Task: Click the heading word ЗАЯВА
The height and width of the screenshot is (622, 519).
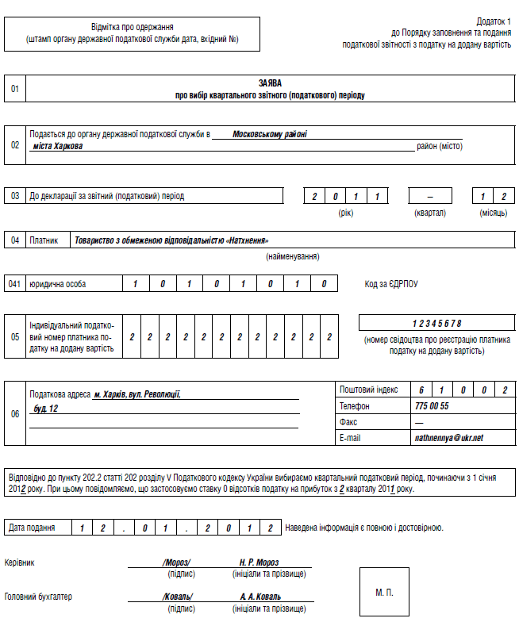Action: click(270, 83)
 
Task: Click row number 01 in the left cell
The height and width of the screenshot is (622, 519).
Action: click(15, 89)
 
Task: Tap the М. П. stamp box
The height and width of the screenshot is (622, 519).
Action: click(384, 592)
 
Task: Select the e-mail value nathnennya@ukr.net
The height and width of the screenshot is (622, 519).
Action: click(448, 437)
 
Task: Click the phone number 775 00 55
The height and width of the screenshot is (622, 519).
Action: click(432, 406)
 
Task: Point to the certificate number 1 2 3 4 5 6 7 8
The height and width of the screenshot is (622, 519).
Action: click(436, 323)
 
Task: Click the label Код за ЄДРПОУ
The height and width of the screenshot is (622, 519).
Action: click(390, 284)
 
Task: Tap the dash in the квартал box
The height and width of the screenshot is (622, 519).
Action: click(430, 196)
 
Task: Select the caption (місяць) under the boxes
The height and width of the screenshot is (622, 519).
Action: click(493, 213)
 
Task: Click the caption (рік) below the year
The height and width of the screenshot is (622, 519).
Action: click(346, 213)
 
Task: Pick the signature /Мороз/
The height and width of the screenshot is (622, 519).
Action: click(176, 562)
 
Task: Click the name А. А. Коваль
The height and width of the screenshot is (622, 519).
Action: click(260, 597)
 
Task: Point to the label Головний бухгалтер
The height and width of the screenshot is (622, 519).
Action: click(38, 597)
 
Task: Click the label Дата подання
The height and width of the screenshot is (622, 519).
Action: click(32, 528)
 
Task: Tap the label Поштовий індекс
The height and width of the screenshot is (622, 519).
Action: click(368, 390)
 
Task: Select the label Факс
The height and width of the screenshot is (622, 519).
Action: click(348, 422)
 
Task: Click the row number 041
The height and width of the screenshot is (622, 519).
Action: click(15, 284)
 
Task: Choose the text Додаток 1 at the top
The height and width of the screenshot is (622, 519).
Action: click(494, 21)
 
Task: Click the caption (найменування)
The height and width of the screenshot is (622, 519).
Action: click(292, 257)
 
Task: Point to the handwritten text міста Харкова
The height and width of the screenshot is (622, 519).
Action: click(58, 146)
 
